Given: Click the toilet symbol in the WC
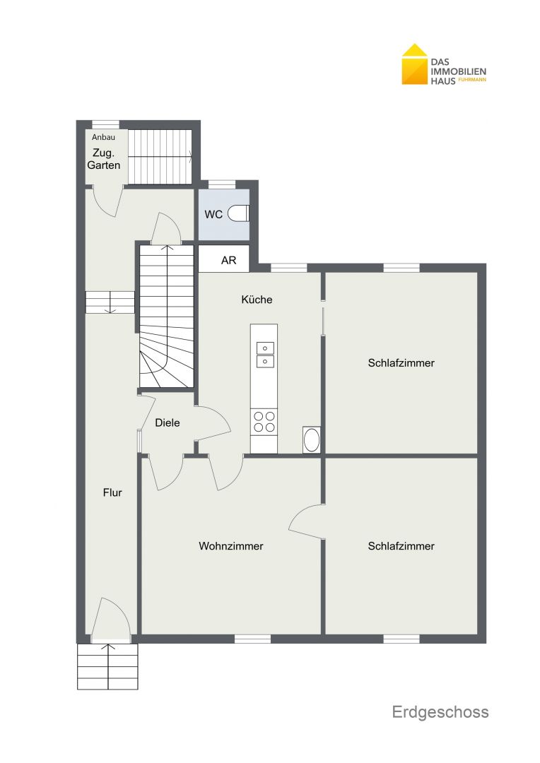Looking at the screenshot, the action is (239, 213).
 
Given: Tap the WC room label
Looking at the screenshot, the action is (213, 215).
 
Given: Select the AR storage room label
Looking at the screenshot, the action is (228, 260).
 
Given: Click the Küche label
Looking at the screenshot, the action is (257, 300).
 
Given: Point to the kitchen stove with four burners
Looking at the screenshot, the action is (264, 422).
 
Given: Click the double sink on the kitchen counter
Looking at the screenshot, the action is (265, 354).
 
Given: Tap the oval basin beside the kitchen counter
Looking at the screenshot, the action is (311, 440).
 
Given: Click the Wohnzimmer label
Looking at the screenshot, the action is (231, 546).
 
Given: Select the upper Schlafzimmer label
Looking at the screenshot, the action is (401, 362).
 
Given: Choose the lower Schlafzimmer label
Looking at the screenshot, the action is (401, 546).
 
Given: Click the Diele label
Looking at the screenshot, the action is (168, 423).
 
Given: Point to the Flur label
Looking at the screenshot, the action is (112, 492).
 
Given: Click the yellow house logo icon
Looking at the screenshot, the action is (414, 64).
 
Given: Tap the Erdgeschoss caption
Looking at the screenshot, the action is (440, 712).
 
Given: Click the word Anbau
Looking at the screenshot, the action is (103, 137).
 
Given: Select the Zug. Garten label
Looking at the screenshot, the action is (104, 159).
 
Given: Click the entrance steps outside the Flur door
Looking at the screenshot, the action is (107, 666).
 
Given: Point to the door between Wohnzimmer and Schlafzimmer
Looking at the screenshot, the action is (307, 521).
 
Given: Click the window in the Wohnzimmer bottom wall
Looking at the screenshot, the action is (253, 639).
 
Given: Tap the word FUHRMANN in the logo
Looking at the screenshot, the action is (472, 80).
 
